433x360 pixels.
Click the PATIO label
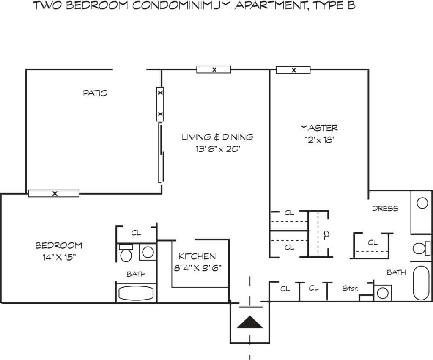point(95,93)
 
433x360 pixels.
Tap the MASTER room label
point(319,128)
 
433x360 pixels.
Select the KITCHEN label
point(197,256)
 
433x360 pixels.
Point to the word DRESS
point(385,208)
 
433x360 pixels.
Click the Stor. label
point(351,289)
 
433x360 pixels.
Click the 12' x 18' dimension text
point(320,140)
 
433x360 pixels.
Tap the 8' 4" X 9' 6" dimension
point(198,268)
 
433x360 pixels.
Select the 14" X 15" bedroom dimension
point(59,257)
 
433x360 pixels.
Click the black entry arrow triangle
point(250,322)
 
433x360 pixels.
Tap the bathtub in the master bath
point(421,283)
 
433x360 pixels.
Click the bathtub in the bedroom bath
point(136,293)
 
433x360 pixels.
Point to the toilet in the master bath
point(422,248)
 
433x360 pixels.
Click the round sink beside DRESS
point(422,203)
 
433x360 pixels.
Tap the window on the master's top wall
point(293,70)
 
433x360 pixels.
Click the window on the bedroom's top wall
point(54,193)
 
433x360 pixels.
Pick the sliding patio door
point(162,153)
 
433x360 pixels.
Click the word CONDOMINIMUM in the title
point(181,5)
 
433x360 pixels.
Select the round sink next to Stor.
point(382,293)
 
